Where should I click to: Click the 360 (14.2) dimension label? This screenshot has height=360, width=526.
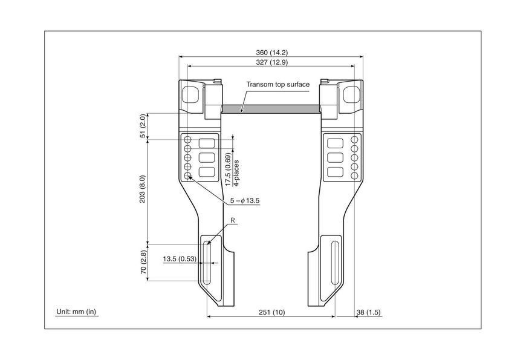271,53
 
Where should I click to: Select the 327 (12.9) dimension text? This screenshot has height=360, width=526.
271,62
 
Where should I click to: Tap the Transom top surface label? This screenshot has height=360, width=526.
278,84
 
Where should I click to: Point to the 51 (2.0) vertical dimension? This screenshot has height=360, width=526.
143,126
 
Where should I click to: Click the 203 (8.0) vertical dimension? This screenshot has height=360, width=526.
143,189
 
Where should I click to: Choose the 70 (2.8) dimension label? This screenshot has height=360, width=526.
143,262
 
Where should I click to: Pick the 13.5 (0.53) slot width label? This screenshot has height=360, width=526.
180,259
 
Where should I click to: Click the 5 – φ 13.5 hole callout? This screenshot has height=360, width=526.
245,201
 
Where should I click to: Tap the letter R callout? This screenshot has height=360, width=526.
233,220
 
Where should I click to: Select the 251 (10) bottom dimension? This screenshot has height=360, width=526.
271,312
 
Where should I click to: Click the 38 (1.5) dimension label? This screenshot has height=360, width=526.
368,312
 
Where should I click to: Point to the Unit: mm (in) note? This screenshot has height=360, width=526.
76,312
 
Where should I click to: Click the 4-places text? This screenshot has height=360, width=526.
236,173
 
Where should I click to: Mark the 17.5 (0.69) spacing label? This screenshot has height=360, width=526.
228,169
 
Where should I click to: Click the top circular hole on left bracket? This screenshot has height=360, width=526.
188,139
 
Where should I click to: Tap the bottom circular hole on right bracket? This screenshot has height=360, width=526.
354,175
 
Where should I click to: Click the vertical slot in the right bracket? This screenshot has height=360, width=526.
334,263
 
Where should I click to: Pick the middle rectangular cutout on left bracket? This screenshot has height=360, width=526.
207,157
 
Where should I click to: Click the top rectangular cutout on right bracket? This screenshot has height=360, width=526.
335,143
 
